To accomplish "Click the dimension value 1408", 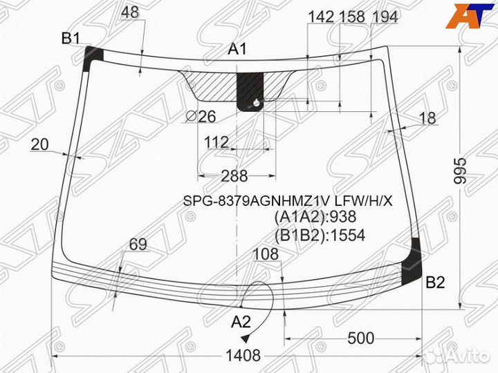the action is [x=243, y=356].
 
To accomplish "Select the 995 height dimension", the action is [x=460, y=171].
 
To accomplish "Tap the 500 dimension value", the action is [x=361, y=338].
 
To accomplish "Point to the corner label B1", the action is [x=71, y=39].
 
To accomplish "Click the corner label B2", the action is [x=435, y=282].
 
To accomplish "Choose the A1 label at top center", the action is [x=237, y=49].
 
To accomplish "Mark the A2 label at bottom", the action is [x=241, y=323].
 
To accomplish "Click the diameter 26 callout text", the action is [x=201, y=117].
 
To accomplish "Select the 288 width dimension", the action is [x=234, y=175].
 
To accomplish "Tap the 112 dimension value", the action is [x=216, y=142].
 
